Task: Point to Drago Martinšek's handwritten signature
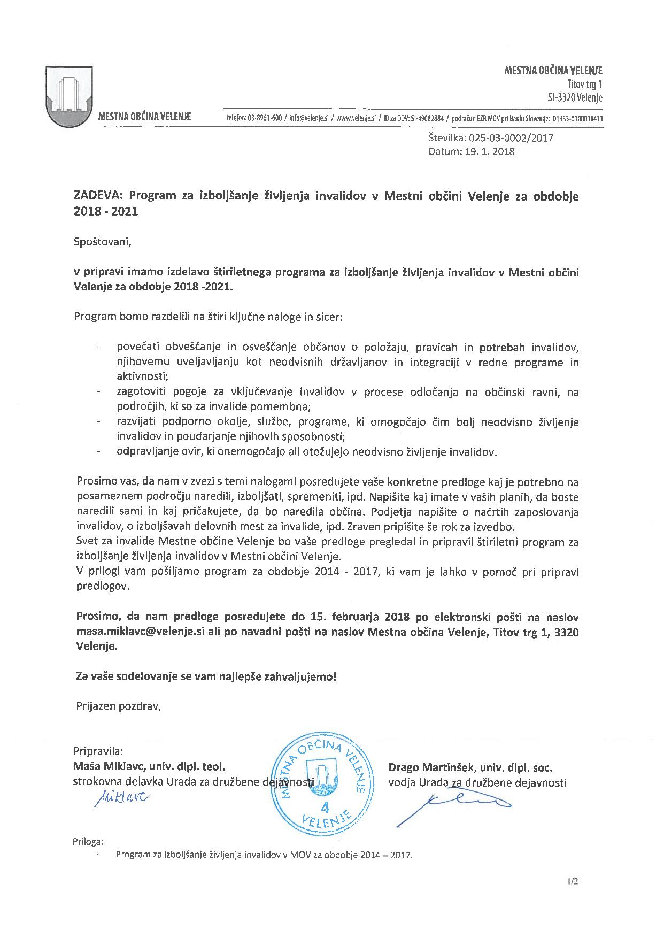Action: pyautogui.click(x=454, y=802)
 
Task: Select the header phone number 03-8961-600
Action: pyautogui.click(x=265, y=118)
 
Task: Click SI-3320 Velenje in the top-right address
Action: pyautogui.click(x=572, y=97)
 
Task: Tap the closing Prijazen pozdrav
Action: pyautogui.click(x=118, y=706)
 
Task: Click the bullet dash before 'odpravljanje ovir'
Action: pyautogui.click(x=99, y=452)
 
